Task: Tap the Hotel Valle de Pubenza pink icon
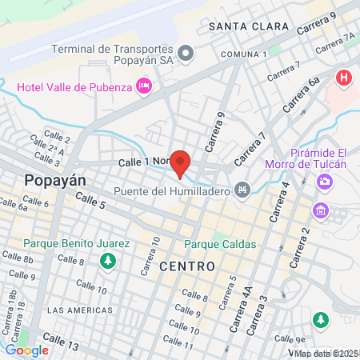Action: click(x=144, y=85)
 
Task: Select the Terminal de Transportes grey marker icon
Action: click(x=186, y=54)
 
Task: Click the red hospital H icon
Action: click(x=344, y=78)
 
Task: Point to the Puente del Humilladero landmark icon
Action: click(x=241, y=190)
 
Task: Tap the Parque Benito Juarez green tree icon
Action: click(x=107, y=260)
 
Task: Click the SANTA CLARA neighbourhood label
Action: click(x=248, y=26)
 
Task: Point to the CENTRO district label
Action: click(x=187, y=266)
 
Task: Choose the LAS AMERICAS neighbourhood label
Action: click(x=77, y=310)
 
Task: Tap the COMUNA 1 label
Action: click(x=243, y=54)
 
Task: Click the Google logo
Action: click(x=26, y=350)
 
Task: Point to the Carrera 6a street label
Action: click(x=302, y=93)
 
